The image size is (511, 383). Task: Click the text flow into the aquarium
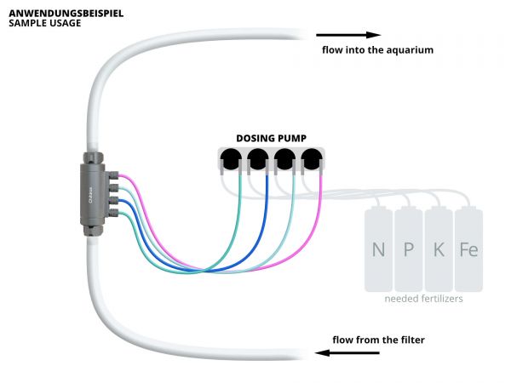[377, 50]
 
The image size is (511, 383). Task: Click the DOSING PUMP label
[273, 138]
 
